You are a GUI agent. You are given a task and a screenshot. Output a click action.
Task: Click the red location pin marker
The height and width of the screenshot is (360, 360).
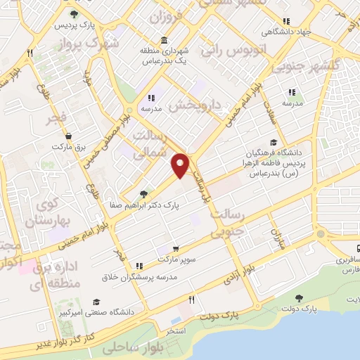coord(181,165)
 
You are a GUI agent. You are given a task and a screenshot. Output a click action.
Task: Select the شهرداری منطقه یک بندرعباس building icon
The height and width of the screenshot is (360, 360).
coord(164,39)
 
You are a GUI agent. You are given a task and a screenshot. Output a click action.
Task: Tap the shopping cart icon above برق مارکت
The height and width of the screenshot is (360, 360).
coord(68,136)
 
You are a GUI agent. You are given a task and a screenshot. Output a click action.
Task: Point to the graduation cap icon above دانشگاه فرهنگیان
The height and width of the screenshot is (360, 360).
coord(274,141)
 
